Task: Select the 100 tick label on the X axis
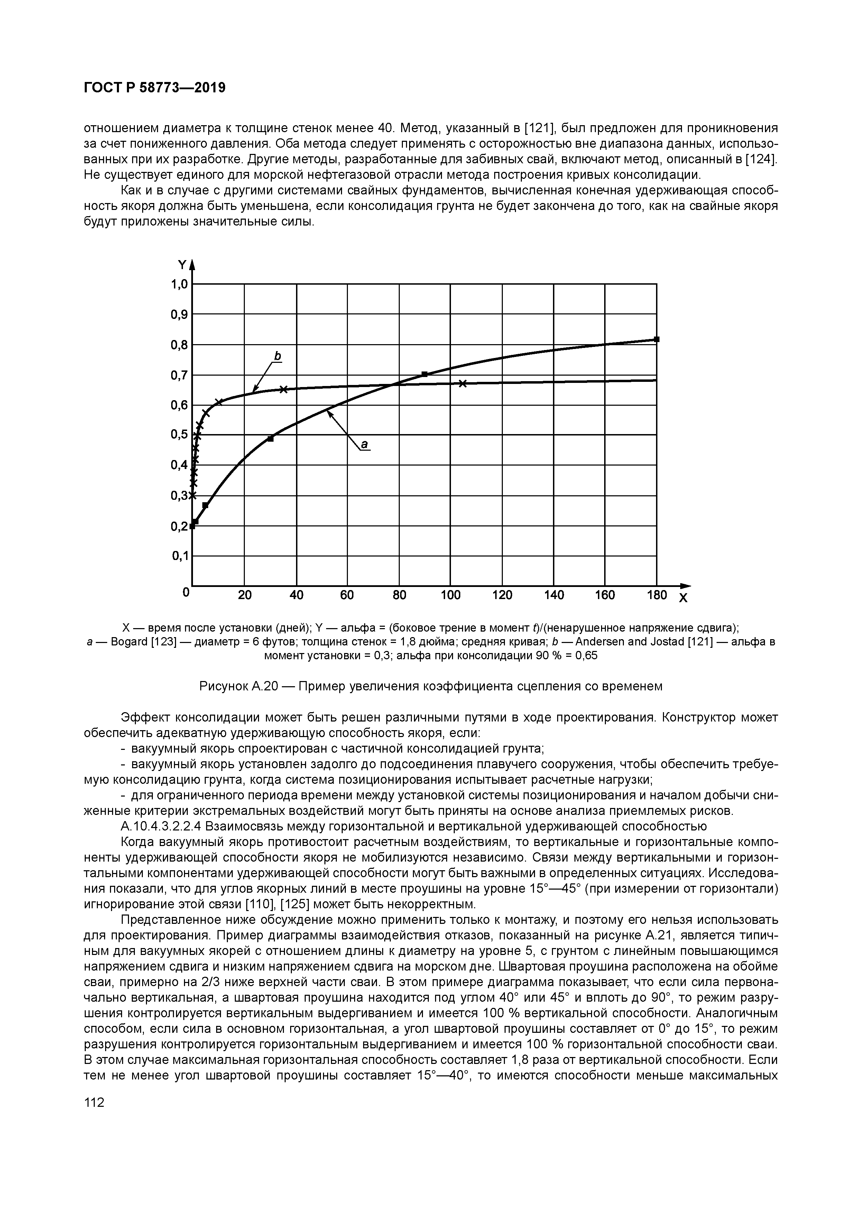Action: click(x=451, y=595)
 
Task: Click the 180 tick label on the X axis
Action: click(x=657, y=595)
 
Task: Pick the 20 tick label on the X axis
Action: click(x=245, y=595)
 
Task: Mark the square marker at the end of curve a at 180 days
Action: click(x=657, y=339)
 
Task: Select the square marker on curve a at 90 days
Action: click(x=424, y=374)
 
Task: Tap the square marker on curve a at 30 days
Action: click(x=270, y=439)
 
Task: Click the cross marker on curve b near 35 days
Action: click(x=284, y=389)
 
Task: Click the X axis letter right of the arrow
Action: click(x=683, y=599)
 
